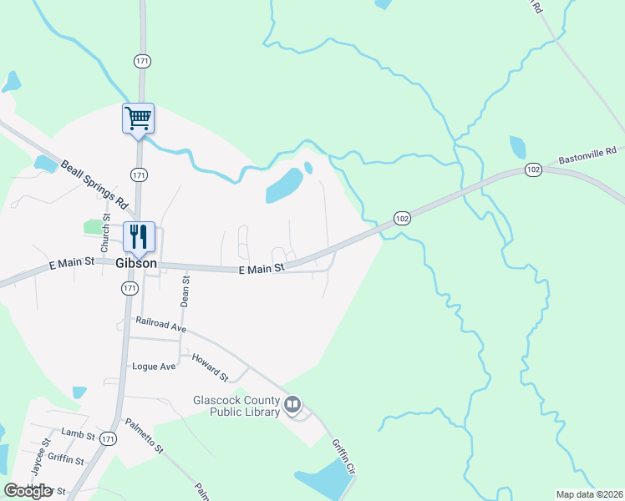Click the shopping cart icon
pos(138,117)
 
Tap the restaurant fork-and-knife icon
pos(138,235)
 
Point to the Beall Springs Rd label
pos(94,185)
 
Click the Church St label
pos(105,233)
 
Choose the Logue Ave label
pos(154,367)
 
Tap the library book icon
pos(292,406)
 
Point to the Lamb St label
pos(78,432)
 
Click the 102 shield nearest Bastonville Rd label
pos(533,170)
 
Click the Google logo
pos(27,490)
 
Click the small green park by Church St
pos(94,226)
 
